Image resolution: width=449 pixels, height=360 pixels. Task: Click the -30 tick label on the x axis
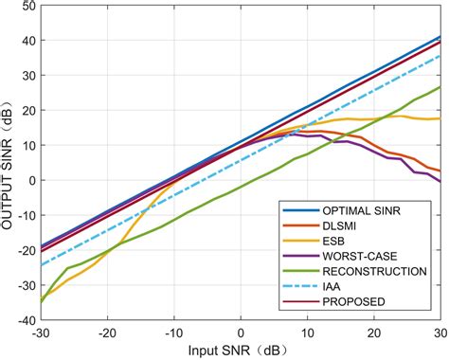tap(40, 333)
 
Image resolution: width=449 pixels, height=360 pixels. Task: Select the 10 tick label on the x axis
tap(308, 333)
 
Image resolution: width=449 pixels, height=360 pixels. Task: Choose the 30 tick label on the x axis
tap(440, 333)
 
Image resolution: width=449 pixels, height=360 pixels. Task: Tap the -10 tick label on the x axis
tap(173, 333)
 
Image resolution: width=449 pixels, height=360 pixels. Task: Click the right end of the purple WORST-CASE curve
tap(440, 181)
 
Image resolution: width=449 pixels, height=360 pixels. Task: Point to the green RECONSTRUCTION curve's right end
tap(440, 87)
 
